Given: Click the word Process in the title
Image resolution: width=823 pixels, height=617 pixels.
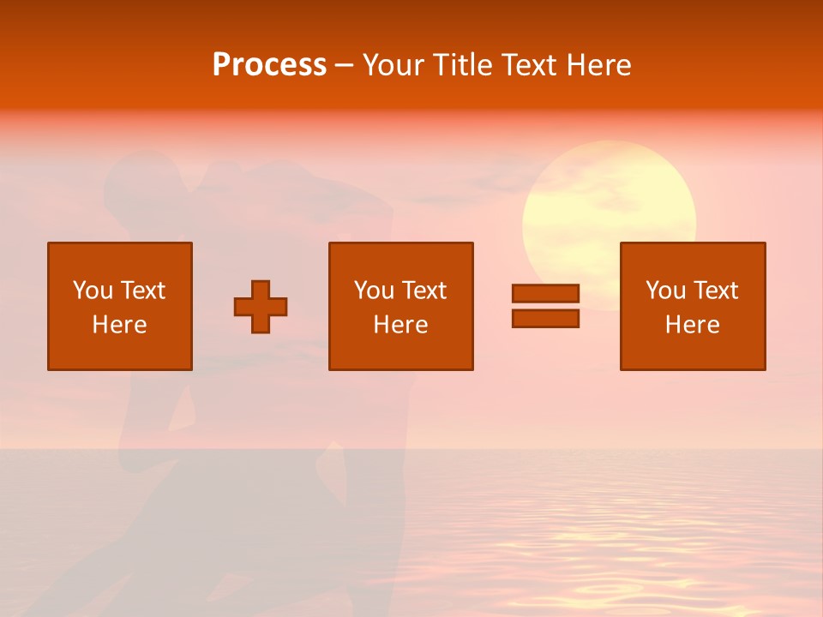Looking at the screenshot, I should click(x=269, y=65).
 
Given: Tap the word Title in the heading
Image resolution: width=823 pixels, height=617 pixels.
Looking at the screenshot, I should click(x=460, y=65).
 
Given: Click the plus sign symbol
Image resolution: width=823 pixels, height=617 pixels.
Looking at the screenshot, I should click(x=261, y=307).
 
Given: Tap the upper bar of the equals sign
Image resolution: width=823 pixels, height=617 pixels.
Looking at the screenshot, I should click(x=545, y=294).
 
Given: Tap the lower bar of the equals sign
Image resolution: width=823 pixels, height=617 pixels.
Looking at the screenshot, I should click(x=545, y=318).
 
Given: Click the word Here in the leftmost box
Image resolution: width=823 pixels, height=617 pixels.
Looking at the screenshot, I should click(x=120, y=325).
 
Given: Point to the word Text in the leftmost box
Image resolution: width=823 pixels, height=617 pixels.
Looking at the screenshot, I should click(x=142, y=291).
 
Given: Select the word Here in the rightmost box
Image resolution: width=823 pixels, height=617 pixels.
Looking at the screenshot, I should click(x=693, y=325).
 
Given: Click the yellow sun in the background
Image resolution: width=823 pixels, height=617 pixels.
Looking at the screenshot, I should click(x=609, y=197).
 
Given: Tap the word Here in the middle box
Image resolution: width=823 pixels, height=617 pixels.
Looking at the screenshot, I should click(x=401, y=325).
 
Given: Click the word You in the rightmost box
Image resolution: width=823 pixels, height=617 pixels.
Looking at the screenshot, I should click(x=665, y=291).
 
